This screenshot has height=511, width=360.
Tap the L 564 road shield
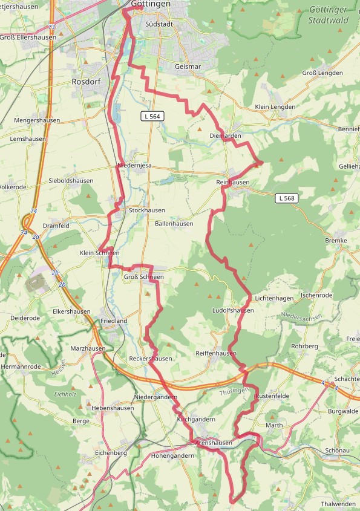[x=153, y=116]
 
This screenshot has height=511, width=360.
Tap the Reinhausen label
[x=232, y=182]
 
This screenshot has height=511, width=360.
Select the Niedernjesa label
[x=134, y=166]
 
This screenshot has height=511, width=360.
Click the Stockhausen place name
[x=146, y=210]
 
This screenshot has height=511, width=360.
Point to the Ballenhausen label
[x=174, y=223]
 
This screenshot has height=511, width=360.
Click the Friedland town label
[x=114, y=321]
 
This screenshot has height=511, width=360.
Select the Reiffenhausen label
[x=215, y=353]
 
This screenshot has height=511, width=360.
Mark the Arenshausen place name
[x=214, y=443]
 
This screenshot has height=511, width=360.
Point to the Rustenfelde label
[x=273, y=396]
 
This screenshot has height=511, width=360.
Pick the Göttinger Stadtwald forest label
[x=329, y=15]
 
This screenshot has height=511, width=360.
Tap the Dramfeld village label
[x=56, y=225]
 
